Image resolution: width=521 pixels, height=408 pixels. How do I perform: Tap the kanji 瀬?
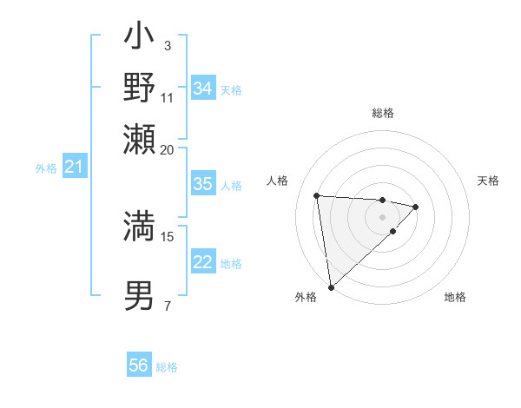pos(140,139)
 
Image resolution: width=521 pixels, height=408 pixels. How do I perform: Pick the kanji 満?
pos(140,226)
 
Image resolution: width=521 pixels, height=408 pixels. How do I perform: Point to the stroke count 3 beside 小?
pos(167,45)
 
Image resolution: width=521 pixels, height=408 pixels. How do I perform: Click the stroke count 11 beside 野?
pos(168,96)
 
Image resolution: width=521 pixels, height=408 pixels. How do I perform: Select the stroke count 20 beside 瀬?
pos(168,149)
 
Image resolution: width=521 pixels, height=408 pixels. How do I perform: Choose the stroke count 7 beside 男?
pos(167,306)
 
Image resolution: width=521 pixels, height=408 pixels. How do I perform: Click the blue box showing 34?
pos(202,89)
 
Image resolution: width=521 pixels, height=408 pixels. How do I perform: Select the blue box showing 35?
pos(202,184)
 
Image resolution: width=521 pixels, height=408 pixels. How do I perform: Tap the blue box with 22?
pos(202,262)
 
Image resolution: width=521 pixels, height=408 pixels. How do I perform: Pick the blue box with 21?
pos(73,167)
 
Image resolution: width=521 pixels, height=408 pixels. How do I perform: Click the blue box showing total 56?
pos(138,365)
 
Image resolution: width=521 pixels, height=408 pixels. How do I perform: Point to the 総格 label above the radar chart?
pos(382,114)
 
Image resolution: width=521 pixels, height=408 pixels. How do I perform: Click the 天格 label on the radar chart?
pos(488,181)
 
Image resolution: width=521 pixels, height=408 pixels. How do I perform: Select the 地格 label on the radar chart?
pos(455,297)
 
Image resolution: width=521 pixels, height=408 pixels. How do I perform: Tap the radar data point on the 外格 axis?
pos(331,286)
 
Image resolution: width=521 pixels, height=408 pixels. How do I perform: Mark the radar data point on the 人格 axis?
pos(317,195)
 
